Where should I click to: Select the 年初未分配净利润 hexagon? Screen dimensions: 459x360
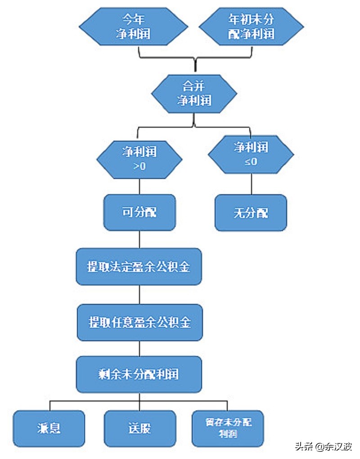251,26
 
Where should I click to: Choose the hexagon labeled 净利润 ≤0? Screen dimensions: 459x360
251,155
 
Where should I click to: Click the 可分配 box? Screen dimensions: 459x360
139,212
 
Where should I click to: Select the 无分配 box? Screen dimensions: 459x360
251,213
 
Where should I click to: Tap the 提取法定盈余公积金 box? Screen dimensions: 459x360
139,267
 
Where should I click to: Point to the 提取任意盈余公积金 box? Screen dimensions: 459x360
139,322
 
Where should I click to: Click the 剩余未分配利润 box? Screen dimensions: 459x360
139,374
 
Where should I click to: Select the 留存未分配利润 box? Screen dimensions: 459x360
228,428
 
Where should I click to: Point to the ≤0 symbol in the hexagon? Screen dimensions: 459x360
251,162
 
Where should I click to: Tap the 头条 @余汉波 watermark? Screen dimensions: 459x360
323,446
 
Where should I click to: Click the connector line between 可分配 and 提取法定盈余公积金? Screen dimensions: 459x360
139,240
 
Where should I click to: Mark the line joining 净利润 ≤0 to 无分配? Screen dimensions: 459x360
251,184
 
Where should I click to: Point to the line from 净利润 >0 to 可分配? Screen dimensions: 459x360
139,186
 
